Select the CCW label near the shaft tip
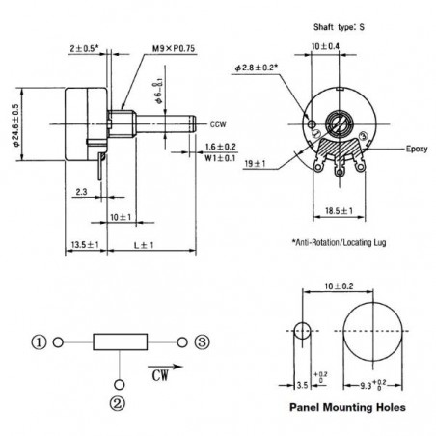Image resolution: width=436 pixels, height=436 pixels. tap(217, 123)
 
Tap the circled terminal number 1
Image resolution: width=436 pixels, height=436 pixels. tap(39, 341)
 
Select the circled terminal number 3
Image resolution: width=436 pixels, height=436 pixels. tap(202, 341)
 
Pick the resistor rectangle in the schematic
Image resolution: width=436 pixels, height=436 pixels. tap(120, 341)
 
